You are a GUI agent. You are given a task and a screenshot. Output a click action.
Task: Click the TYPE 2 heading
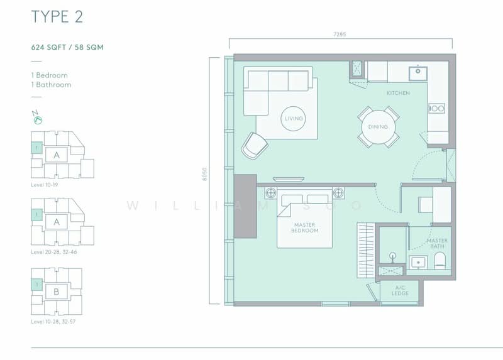point(57,17)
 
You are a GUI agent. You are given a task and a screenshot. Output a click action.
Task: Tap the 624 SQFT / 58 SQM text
point(67,48)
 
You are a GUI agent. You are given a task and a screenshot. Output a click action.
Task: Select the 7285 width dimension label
point(340,35)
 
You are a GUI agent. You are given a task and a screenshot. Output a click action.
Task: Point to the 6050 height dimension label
point(205,174)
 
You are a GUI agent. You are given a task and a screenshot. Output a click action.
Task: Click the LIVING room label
point(294,119)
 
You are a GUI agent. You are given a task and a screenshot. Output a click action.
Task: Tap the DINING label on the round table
point(379,127)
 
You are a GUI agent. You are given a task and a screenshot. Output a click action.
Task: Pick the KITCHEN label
point(398,93)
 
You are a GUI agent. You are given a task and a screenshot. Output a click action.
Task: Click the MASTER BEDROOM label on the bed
point(305,227)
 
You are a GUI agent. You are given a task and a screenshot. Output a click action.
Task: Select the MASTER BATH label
point(437,243)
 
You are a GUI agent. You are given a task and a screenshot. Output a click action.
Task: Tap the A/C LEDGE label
point(400,290)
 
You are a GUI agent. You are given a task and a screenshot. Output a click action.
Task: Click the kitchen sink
point(417,74)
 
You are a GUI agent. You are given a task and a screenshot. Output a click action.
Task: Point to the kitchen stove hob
point(437,108)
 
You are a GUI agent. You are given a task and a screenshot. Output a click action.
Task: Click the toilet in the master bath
point(439,260)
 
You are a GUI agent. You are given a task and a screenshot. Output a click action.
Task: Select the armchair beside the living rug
point(255,146)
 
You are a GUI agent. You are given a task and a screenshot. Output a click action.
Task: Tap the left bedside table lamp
point(271,193)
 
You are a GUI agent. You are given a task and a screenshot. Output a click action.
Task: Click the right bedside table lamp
point(338,193)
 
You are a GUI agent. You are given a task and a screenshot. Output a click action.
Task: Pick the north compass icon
point(38,117)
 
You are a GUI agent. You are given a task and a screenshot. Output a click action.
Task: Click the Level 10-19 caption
point(44,185)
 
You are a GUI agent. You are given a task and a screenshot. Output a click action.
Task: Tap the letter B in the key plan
point(57,292)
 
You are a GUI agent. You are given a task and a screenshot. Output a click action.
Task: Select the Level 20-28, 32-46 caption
point(54,252)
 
